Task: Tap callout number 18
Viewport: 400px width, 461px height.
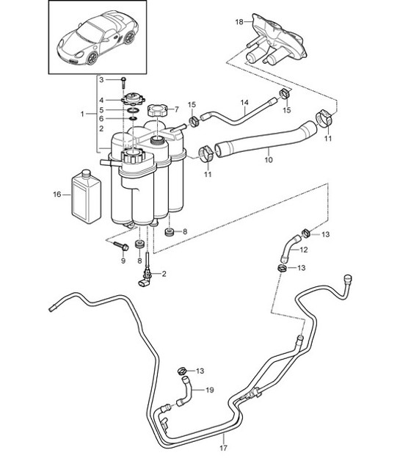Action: (238, 23)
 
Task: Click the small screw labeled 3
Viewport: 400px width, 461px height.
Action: (125, 79)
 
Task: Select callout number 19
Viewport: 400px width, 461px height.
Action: (210, 391)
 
